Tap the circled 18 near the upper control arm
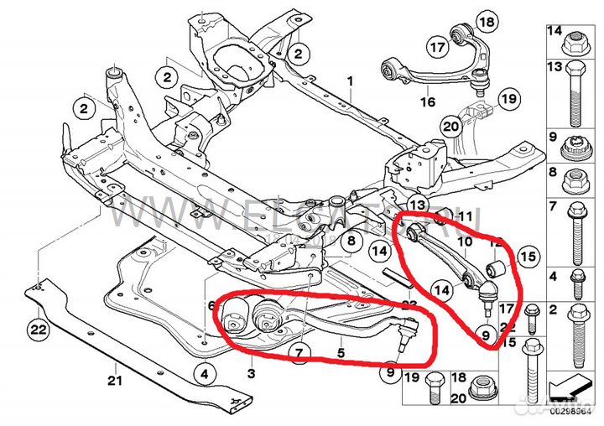[486, 21]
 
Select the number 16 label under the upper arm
[428, 102]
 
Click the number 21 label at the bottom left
[115, 382]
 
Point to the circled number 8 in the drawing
[351, 242]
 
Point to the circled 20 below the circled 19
[450, 127]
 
